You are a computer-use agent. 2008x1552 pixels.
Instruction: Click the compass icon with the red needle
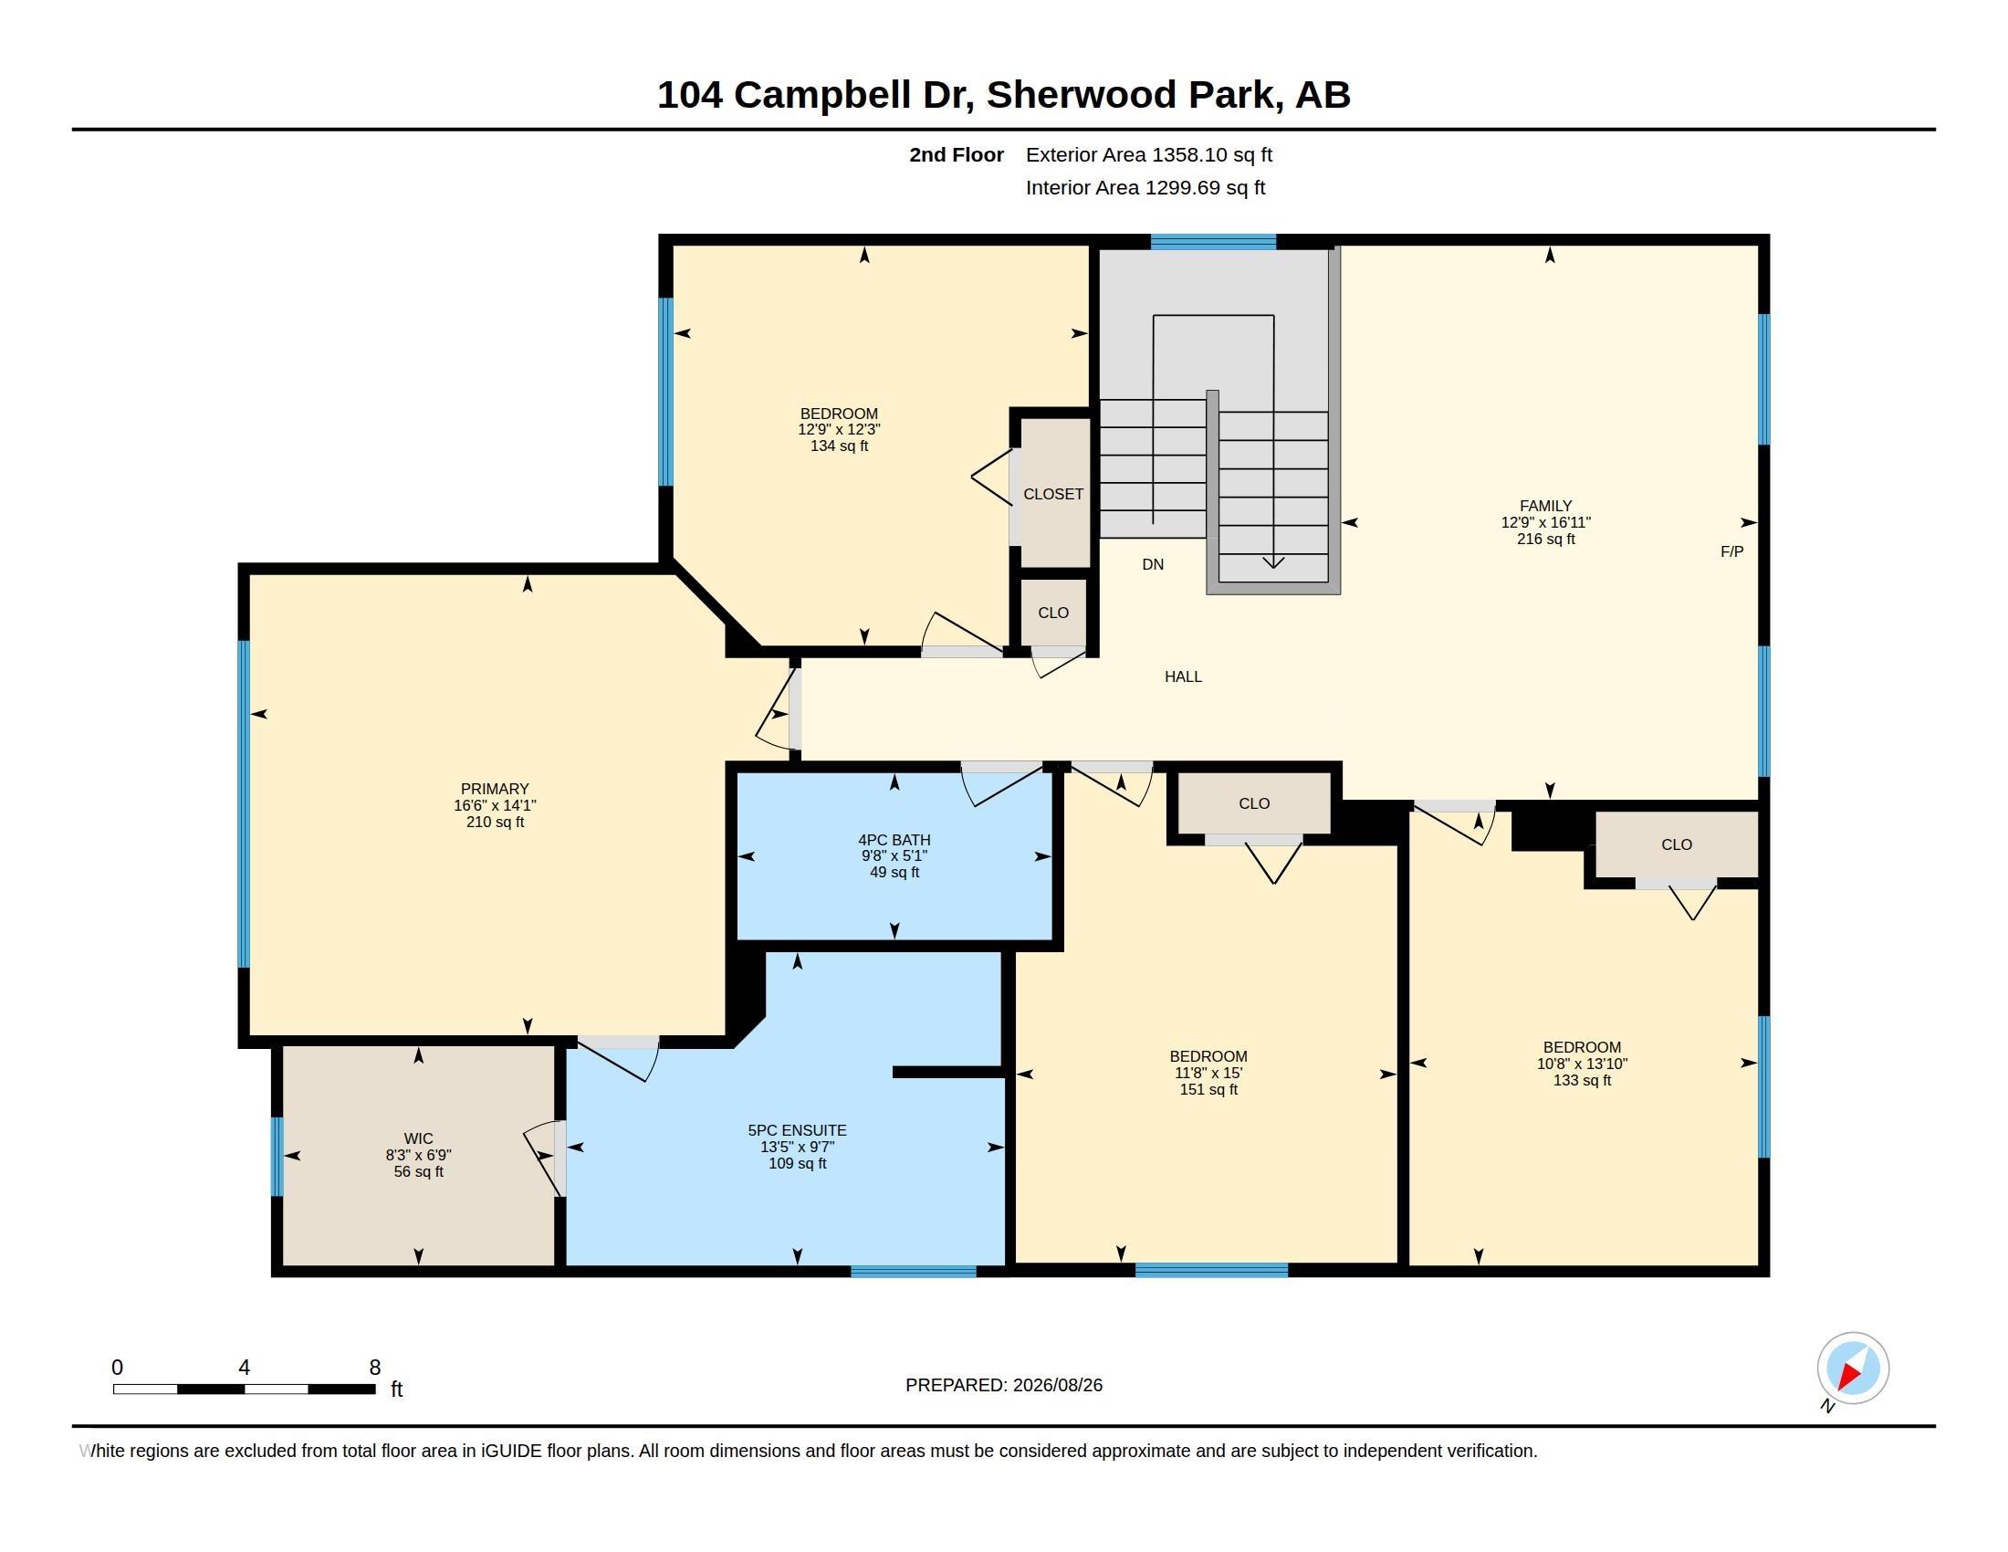coord(1852,1368)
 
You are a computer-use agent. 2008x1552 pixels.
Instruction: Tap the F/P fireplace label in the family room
coord(1731,551)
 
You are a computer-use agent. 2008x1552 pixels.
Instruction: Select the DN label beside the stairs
coord(1153,564)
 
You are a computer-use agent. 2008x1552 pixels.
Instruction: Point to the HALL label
coord(1183,676)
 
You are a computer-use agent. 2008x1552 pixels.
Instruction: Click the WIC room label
coord(418,1138)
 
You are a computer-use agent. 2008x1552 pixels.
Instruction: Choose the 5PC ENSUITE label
coord(797,1131)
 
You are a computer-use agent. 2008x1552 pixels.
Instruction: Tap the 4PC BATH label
coord(894,839)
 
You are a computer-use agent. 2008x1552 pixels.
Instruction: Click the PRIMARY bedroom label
coord(495,789)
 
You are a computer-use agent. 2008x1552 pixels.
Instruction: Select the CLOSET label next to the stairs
coord(1053,495)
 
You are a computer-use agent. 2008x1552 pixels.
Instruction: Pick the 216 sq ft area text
coord(1545,539)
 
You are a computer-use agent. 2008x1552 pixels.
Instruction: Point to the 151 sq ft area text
coord(1208,1089)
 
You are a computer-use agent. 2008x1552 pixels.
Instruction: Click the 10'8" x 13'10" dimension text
coord(1583,1064)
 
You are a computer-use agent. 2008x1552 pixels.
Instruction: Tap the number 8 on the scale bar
coord(375,1368)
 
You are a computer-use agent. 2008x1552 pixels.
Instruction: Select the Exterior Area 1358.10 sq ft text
coord(1149,154)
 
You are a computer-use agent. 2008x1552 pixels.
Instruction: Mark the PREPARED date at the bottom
coord(1004,1385)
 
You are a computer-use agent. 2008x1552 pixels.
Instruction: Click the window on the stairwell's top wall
coord(1214,243)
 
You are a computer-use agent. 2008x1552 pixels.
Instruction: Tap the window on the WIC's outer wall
coord(277,1157)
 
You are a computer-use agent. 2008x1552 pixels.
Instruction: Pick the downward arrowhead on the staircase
coord(1273,561)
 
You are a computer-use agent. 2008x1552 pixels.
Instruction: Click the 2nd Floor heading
coord(957,154)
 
